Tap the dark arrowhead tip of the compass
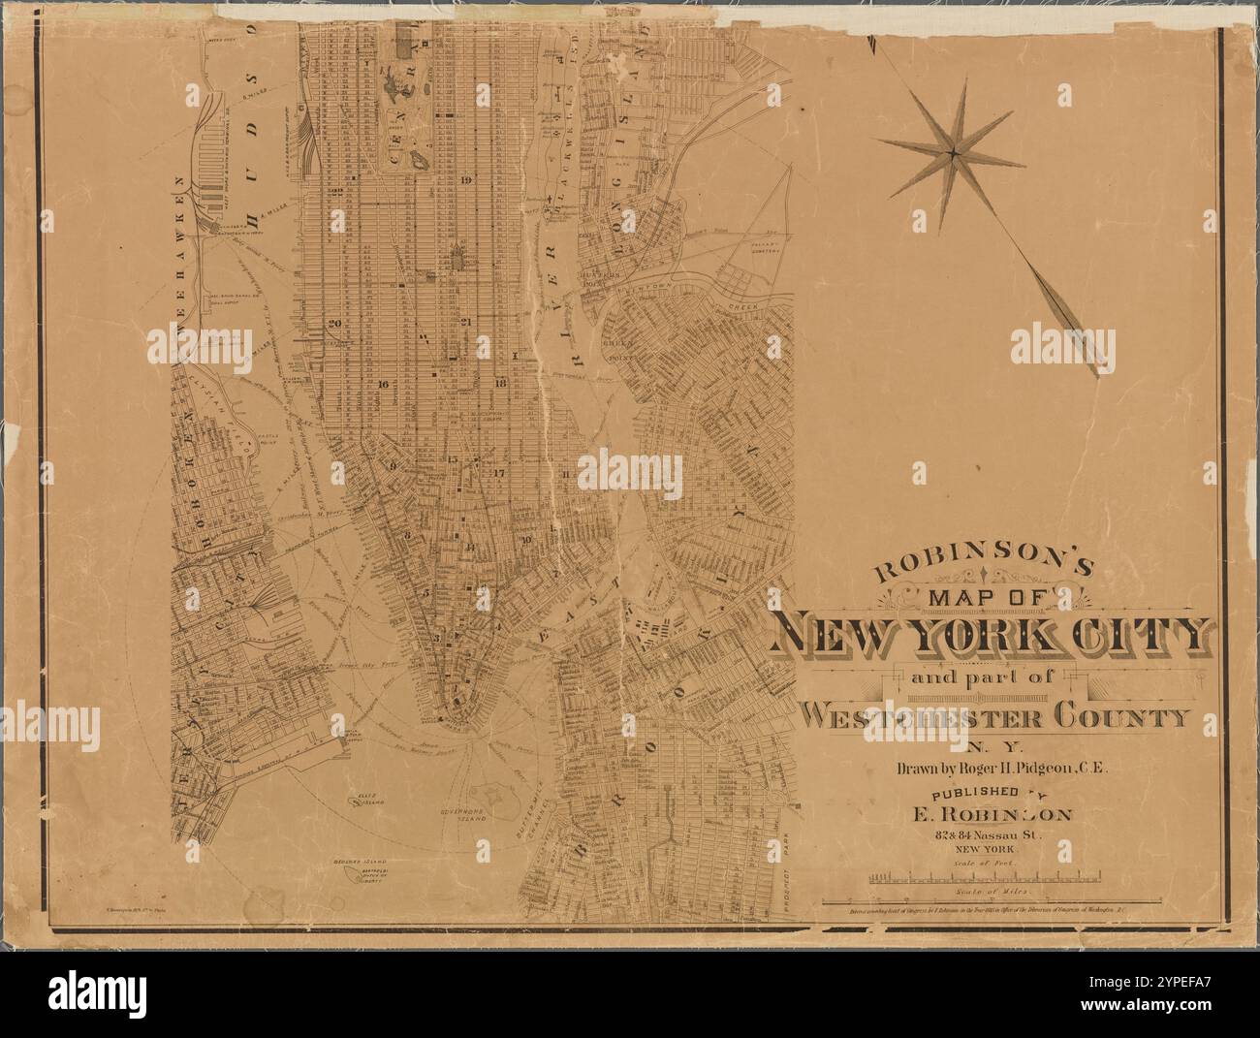click(1096, 372)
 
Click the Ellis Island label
click(367, 802)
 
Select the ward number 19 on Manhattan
click(466, 180)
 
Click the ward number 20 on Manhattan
click(335, 324)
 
